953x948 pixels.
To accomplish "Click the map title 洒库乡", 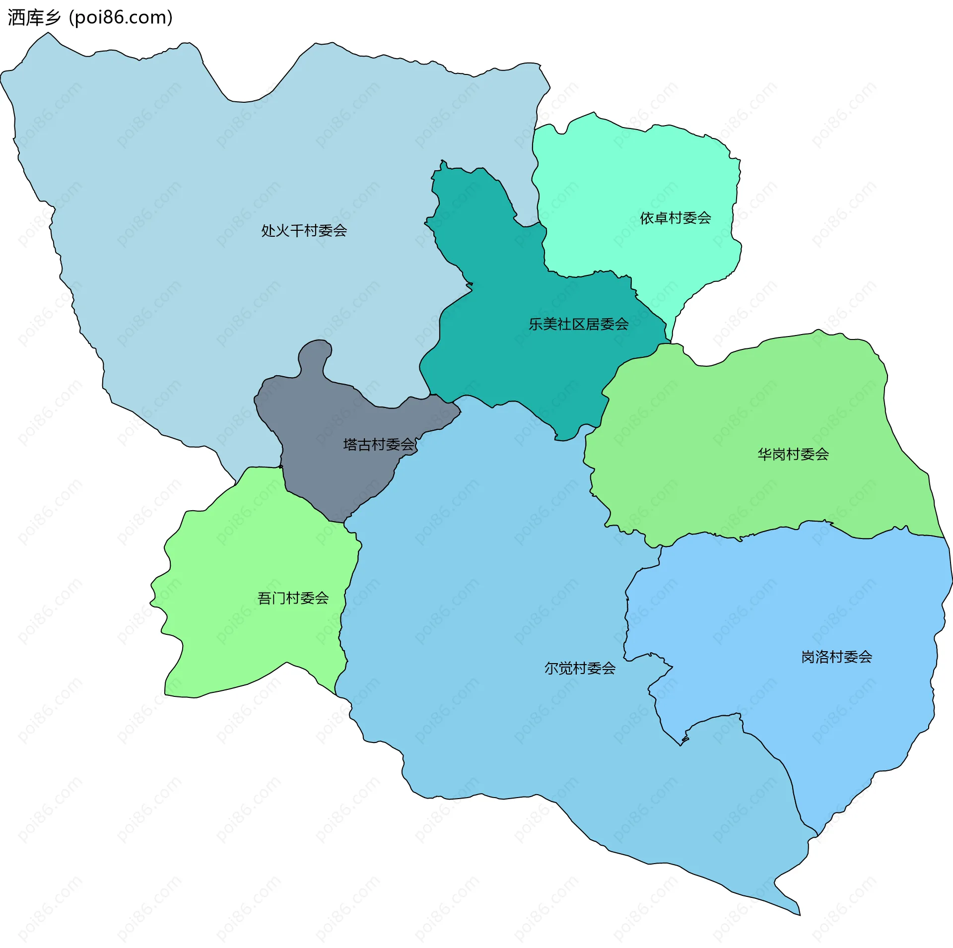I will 34,18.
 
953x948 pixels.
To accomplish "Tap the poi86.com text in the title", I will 121,18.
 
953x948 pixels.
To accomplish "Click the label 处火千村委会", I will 304,231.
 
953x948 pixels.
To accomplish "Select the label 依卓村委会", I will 675,218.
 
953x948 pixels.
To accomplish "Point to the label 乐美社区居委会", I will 578,325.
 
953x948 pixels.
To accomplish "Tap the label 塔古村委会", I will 379,445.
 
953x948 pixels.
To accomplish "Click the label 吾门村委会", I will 293,599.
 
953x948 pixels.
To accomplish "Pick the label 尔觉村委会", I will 580,669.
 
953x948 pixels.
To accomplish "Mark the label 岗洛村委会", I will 836,657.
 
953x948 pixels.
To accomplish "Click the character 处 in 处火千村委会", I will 268,231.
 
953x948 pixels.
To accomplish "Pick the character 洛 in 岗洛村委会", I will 822,657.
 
